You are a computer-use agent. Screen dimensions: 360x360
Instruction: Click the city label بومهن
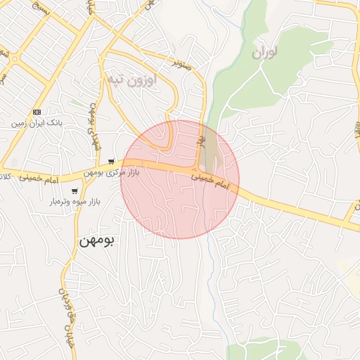click(96, 240)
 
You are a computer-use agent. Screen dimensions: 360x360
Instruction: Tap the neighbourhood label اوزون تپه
click(131, 79)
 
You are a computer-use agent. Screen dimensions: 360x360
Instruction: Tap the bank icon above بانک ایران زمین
click(37, 112)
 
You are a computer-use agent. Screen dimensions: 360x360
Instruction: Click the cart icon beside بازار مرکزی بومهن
click(111, 161)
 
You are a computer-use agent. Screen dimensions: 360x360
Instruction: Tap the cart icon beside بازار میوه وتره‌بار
click(75, 191)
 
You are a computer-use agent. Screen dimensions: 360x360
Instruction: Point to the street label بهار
click(201, 141)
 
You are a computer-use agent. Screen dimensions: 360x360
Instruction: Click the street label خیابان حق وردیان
click(67, 311)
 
